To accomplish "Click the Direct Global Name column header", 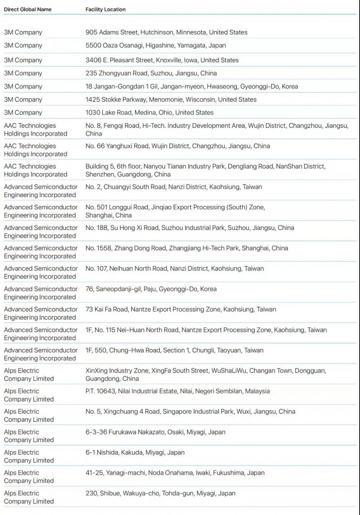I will click(27, 9).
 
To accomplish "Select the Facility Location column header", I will click(105, 9).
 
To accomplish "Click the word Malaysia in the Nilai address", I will click(257, 391).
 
